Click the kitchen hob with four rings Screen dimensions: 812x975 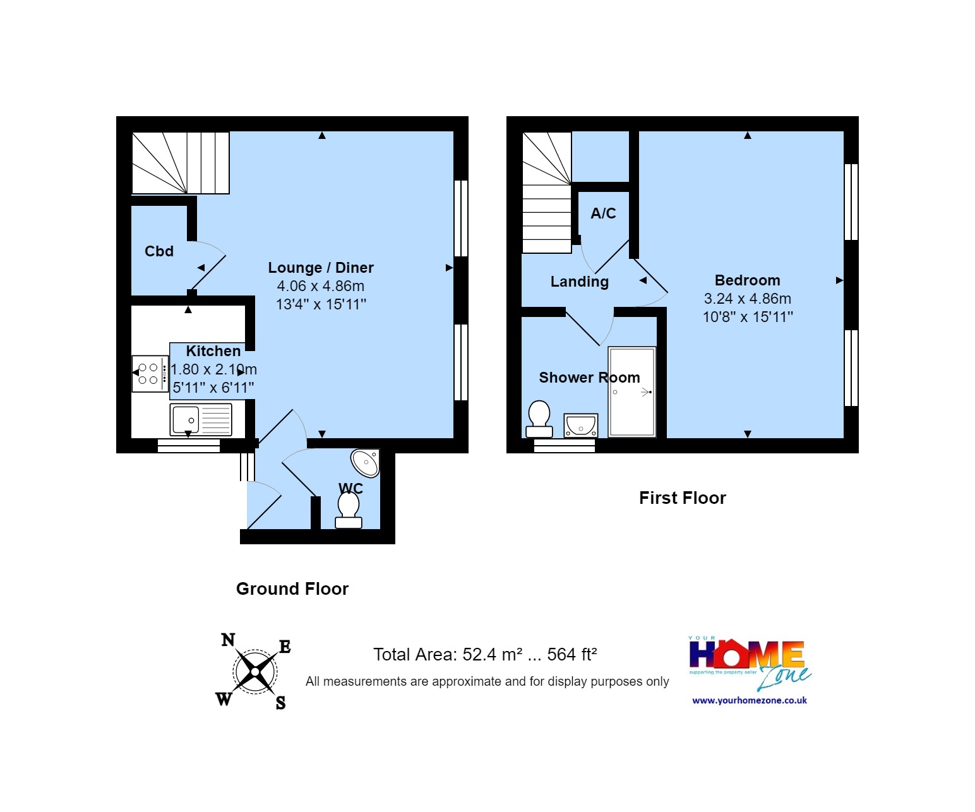coord(150,374)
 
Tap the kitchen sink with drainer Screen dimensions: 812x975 coord(201,420)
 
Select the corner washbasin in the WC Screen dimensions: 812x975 coord(365,463)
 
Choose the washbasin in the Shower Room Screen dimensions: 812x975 coord(580,426)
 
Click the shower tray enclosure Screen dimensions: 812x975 coord(632,391)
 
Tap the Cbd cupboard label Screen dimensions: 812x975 coord(159,251)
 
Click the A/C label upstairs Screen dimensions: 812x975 coord(603,213)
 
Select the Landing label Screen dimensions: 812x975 coord(580,282)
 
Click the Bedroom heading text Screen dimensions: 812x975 coord(747,280)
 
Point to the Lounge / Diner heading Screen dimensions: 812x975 coord(321,268)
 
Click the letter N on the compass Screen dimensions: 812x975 coord(228,640)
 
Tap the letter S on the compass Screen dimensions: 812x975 coord(280,703)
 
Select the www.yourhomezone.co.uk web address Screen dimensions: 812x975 coord(750,700)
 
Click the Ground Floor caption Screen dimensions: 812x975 coord(292,589)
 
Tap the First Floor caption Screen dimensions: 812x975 coord(683,498)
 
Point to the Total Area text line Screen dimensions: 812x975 coord(485,655)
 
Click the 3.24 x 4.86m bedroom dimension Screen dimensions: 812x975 coord(748,299)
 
